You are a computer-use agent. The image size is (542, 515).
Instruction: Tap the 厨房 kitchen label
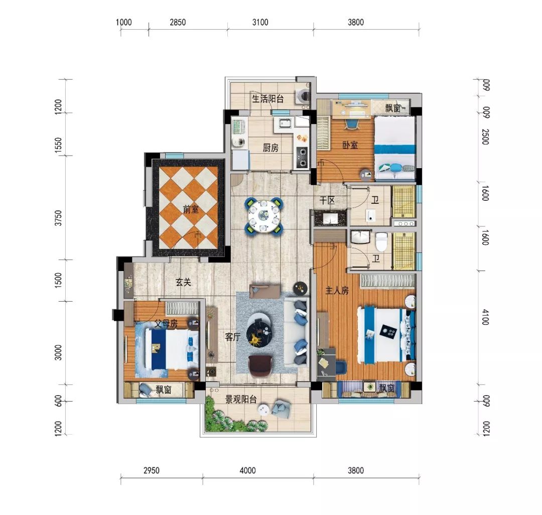click(270, 148)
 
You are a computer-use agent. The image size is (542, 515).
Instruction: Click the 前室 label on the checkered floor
click(191, 209)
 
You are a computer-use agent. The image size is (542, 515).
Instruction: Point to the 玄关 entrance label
click(183, 282)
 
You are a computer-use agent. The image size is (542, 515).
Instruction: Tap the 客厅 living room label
click(232, 337)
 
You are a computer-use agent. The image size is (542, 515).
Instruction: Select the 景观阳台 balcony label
click(241, 400)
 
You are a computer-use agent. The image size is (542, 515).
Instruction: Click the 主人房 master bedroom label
click(337, 291)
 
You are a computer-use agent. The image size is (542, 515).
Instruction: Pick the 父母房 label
click(166, 324)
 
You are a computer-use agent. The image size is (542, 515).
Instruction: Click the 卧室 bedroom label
click(350, 145)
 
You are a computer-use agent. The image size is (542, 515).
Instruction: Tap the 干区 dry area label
click(327, 200)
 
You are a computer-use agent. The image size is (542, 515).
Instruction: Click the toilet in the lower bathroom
click(381, 241)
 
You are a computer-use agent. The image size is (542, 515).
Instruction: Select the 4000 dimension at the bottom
click(248, 470)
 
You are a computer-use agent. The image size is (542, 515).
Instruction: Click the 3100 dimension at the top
click(260, 22)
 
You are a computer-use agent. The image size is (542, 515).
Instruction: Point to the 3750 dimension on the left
click(59, 218)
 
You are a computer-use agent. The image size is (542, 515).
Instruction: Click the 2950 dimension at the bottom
click(152, 470)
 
